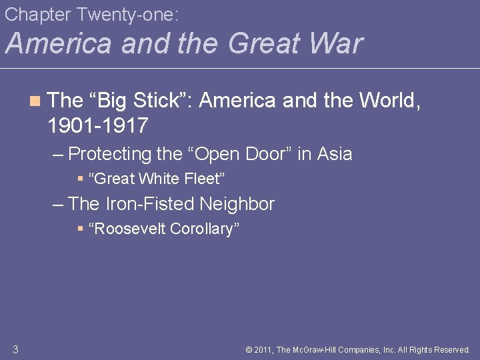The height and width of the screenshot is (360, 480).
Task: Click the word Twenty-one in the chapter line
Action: tap(120, 13)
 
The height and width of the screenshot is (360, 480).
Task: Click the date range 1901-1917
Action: tap(98, 125)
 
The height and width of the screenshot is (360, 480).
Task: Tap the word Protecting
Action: tap(110, 154)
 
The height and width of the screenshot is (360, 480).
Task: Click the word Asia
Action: tap(335, 154)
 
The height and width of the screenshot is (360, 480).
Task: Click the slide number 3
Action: tap(15, 349)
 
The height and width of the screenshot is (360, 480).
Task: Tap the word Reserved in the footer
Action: tap(451, 349)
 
